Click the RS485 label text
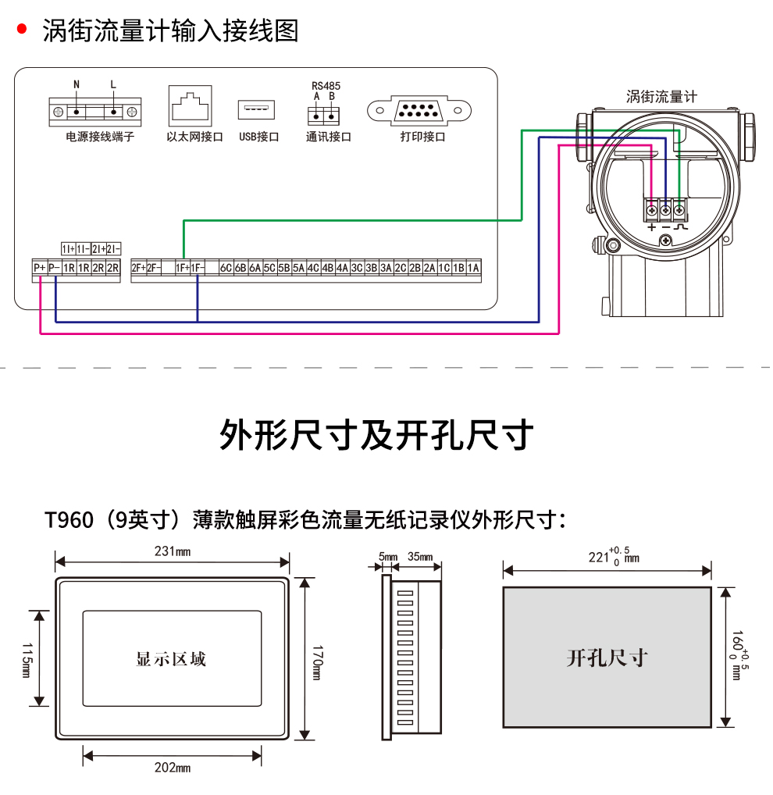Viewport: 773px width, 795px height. click(x=326, y=86)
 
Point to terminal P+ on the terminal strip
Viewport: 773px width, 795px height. click(x=39, y=268)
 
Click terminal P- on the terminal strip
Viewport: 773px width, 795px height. click(x=55, y=268)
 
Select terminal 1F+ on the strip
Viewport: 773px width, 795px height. click(x=183, y=268)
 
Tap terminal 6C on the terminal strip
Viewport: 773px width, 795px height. click(x=226, y=268)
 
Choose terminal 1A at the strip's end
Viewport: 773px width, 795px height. click(x=473, y=268)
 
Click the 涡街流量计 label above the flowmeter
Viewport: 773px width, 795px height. click(x=661, y=97)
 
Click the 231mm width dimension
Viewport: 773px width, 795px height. click(x=173, y=551)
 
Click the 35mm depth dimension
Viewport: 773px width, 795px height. click(x=420, y=556)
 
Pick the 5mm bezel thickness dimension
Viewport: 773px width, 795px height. click(x=387, y=556)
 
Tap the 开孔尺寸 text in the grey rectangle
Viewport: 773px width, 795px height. click(x=607, y=658)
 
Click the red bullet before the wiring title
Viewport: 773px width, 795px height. click(x=22, y=30)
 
